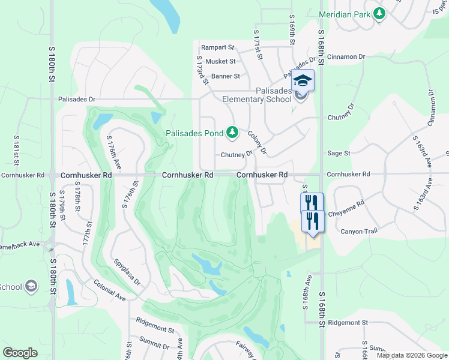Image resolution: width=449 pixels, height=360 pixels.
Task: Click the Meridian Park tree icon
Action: tap(379, 13)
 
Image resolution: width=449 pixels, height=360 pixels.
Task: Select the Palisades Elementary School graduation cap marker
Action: tap(303, 80)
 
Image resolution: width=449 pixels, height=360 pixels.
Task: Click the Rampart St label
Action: tap(217, 47)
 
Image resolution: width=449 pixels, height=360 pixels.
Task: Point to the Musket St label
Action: tap(221, 61)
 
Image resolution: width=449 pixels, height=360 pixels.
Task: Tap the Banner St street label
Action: tap(226, 76)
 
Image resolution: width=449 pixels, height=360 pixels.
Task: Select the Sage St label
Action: tap(339, 154)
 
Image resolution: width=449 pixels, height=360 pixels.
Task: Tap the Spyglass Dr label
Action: tap(127, 273)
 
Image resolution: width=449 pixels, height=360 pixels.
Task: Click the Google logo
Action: tap(20, 353)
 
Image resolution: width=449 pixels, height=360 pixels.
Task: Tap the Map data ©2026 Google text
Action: tap(412, 355)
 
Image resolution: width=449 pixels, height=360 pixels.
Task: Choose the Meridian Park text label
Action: tap(345, 13)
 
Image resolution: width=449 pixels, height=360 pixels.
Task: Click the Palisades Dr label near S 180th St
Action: tap(76, 99)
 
